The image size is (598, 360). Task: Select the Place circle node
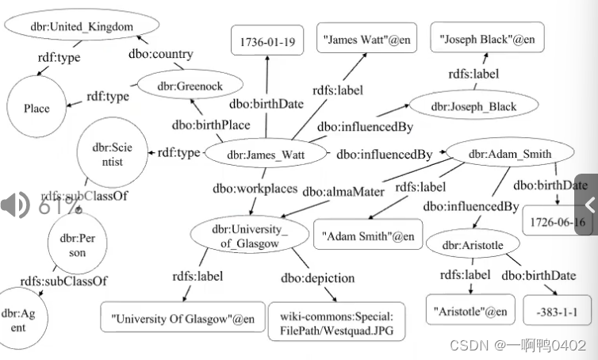pos(36,109)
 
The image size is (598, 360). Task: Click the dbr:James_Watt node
pos(266,153)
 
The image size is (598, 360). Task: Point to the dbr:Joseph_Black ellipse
pos(473,106)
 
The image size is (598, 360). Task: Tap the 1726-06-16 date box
pos(557,222)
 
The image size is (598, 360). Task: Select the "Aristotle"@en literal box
pos(470,310)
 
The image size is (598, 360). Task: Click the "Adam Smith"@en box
pos(368,236)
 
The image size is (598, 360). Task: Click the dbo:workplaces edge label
pos(255,190)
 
